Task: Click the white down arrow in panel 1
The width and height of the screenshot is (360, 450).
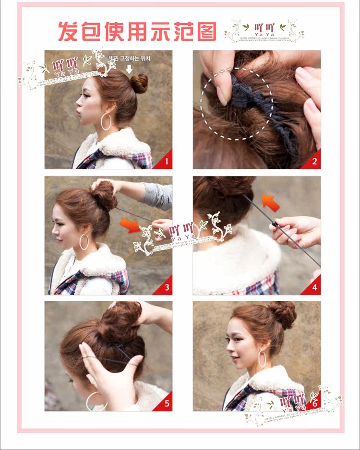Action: [x=129, y=69]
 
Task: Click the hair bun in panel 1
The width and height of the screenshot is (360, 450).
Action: [x=139, y=83]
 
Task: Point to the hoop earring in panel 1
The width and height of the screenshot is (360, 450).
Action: [x=106, y=122]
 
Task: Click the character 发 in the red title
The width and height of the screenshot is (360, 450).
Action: [x=68, y=31]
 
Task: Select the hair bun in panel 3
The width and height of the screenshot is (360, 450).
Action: [x=104, y=194]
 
